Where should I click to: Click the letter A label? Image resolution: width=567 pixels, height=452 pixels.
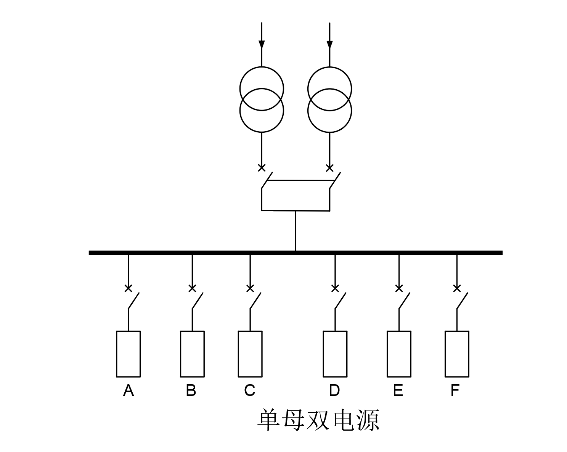point(128,391)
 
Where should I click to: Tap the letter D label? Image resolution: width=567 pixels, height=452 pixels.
point(334,391)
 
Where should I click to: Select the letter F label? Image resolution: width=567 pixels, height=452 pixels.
point(455,391)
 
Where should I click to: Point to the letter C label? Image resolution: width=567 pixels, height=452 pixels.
point(249,391)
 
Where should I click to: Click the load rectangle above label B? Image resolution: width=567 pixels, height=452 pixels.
point(192,354)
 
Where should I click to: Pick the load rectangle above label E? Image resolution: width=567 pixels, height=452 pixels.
point(399,354)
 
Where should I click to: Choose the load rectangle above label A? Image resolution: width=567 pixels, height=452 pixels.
point(128,354)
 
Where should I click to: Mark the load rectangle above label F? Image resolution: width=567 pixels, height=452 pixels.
point(457,354)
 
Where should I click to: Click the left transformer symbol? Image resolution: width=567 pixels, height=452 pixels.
point(262,100)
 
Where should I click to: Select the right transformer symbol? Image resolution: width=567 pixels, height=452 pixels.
point(329,100)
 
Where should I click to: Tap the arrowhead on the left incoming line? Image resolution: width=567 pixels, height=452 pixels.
point(262,44)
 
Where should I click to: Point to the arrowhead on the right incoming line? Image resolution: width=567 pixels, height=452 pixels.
point(329,44)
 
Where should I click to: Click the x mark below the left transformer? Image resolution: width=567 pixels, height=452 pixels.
point(262,167)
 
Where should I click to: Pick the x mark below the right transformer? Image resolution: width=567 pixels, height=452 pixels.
point(330,167)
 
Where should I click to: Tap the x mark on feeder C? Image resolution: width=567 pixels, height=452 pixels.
point(250,288)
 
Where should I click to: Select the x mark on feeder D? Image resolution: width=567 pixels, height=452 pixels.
point(335,288)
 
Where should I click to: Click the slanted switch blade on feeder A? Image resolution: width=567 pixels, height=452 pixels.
point(133,301)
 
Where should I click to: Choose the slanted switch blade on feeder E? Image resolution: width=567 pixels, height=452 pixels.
point(404,301)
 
